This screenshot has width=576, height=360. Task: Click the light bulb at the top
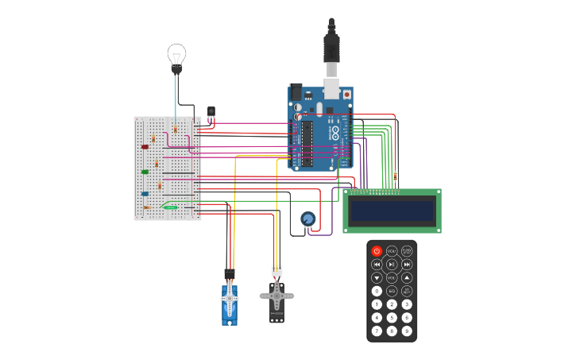coord(176,56)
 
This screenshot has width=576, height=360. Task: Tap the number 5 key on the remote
coord(392,317)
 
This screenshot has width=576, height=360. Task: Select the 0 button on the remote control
coord(377,291)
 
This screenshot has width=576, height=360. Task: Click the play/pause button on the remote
coord(392,264)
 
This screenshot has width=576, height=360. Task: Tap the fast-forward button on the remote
coord(407,264)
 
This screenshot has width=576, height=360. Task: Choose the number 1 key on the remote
coord(377,304)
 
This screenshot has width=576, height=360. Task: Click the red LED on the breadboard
coord(145,146)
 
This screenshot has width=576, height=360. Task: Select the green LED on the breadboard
coord(145,171)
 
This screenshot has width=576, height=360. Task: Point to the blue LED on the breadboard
coord(145,193)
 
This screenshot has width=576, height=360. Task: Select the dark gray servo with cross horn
coord(276,299)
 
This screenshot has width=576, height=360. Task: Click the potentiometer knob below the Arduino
coord(307,219)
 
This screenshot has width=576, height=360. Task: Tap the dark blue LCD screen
coord(392,211)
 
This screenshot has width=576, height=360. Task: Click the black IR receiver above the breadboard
coord(211,112)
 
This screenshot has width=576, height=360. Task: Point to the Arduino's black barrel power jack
coord(296,91)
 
